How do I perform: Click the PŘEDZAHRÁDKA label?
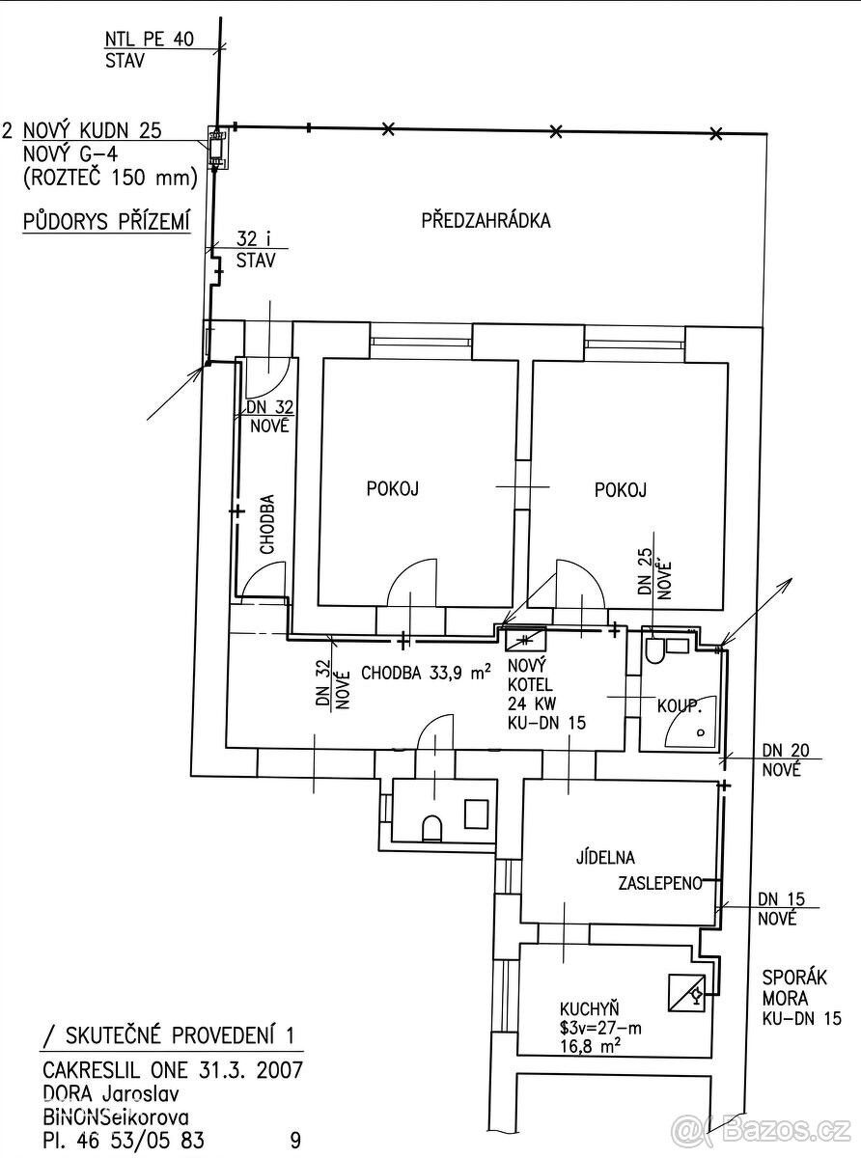point(486,220)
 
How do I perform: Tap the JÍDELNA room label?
point(605,857)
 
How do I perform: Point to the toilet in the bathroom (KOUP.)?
point(654,650)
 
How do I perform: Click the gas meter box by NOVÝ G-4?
point(215,148)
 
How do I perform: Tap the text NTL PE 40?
point(150,40)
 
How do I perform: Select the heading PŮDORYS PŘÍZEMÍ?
point(105,221)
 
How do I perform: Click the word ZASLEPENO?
point(660,883)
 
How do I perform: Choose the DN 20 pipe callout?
point(786,758)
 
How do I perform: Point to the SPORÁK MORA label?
point(794,988)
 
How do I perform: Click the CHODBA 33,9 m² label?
point(427,673)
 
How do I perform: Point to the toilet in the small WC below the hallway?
point(432,829)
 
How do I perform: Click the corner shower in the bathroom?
point(691,721)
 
